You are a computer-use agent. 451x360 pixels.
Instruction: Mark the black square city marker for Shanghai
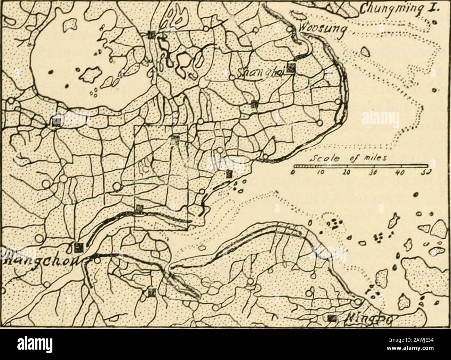[291, 68]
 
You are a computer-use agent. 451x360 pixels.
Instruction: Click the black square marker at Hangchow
[79, 247]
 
